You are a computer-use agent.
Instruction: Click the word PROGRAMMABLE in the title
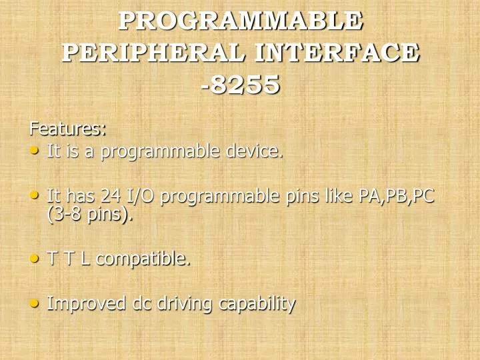pyautogui.click(x=241, y=21)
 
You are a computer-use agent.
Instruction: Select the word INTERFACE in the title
pyautogui.click(x=339, y=53)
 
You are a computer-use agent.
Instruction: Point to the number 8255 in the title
pyautogui.click(x=245, y=85)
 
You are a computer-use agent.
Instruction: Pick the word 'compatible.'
pyautogui.click(x=143, y=259)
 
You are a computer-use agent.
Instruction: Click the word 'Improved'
pyautogui.click(x=87, y=304)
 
